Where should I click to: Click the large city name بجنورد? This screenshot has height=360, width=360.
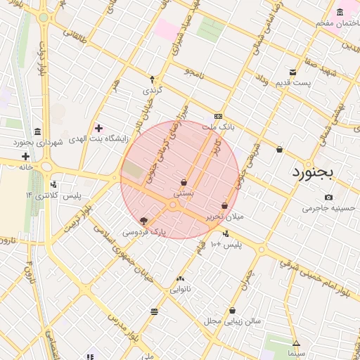point(317,172)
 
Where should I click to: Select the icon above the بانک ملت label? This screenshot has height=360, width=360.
point(218,117)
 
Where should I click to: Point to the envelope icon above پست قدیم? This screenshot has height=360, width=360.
point(293,72)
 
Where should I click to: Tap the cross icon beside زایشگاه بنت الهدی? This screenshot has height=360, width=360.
point(98,129)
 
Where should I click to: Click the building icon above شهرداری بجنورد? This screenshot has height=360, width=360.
point(37,132)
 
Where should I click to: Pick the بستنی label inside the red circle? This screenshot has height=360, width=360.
point(184,192)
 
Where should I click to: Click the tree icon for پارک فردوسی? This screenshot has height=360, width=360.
point(144,221)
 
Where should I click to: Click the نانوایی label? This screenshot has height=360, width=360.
point(180,289)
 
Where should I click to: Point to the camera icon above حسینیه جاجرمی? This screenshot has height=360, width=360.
point(328,198)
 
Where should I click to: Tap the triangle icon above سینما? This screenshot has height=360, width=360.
point(296,344)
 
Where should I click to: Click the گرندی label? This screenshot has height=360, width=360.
point(152,91)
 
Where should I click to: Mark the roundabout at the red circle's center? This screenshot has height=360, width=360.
point(173,205)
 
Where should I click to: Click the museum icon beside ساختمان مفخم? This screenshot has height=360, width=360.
point(340,12)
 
